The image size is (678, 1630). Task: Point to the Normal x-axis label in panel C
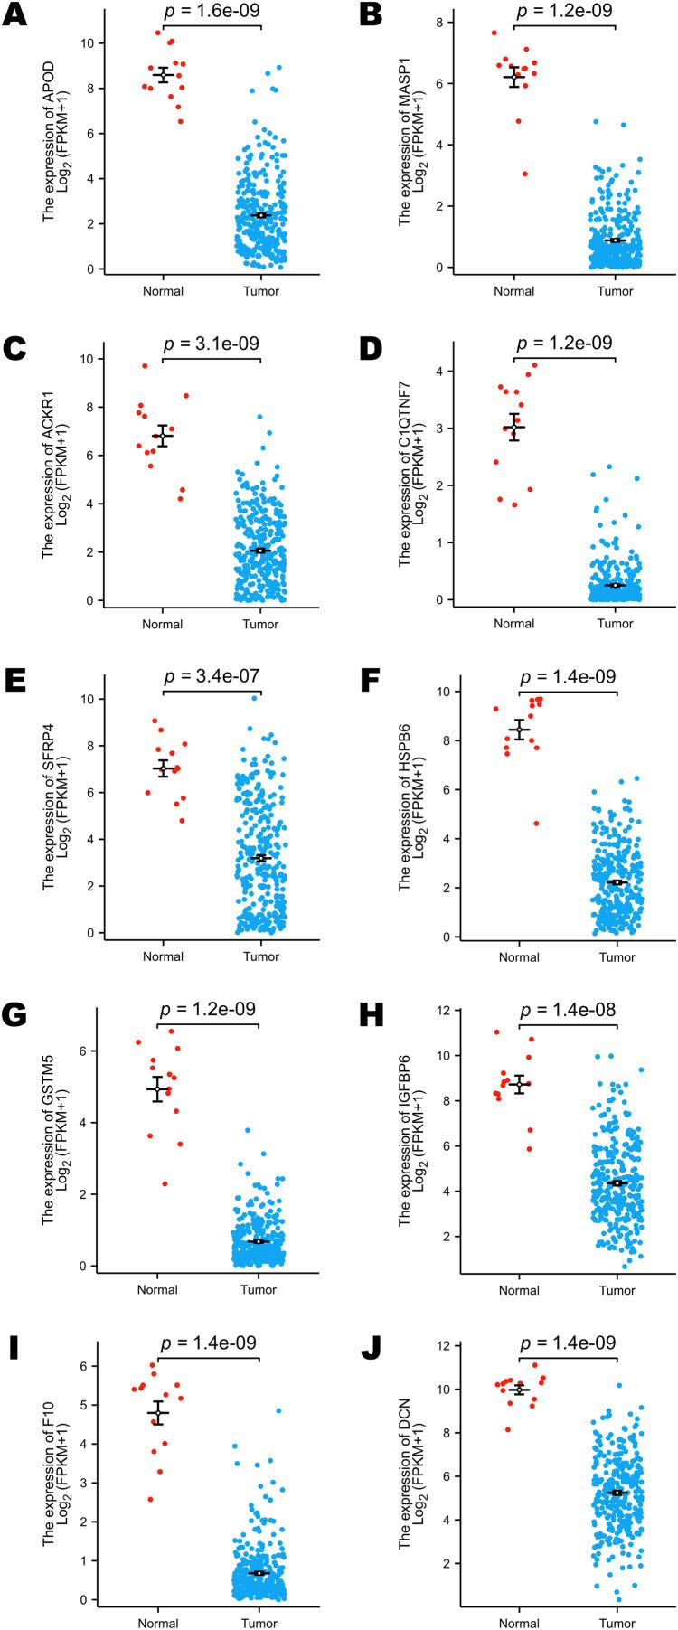pyautogui.click(x=163, y=624)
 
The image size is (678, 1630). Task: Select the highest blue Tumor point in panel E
pyautogui.click(x=255, y=698)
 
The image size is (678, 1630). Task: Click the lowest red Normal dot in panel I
pyautogui.click(x=150, y=1499)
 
